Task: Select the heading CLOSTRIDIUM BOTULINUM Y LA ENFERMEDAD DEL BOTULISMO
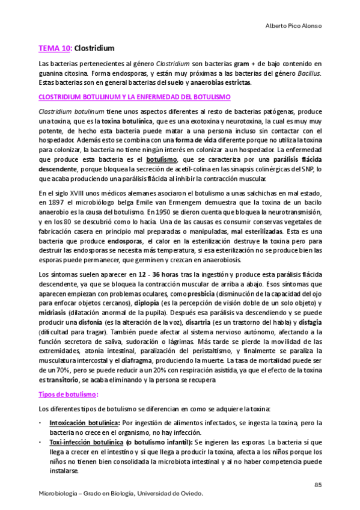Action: click(x=135, y=96)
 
